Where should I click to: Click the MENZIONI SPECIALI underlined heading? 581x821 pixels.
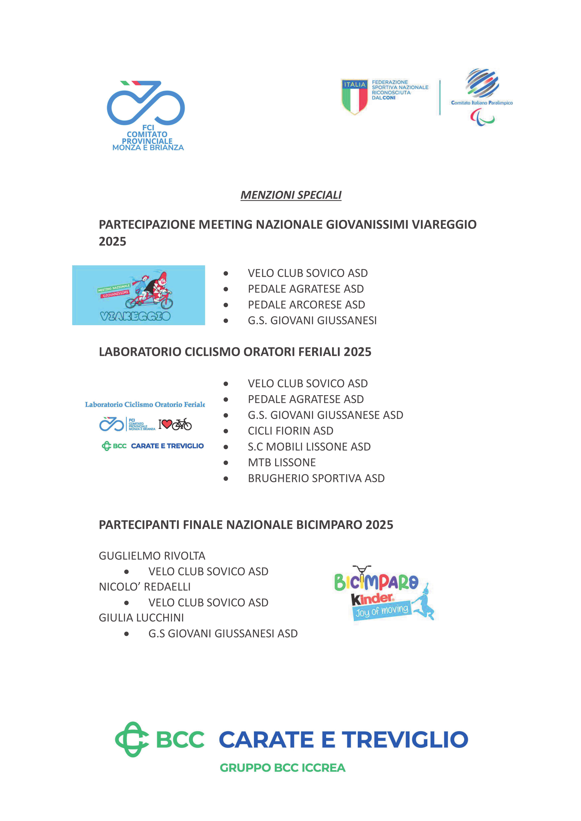(291, 195)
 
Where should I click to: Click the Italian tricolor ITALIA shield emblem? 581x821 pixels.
(354, 97)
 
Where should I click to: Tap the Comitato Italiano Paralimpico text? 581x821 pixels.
(481, 103)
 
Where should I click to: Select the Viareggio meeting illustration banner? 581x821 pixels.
(139, 295)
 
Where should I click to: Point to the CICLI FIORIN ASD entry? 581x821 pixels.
(290, 431)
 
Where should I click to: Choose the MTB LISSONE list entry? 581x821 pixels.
(282, 462)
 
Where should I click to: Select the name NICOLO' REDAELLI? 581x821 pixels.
(145, 587)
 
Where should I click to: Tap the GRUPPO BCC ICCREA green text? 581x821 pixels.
(282, 768)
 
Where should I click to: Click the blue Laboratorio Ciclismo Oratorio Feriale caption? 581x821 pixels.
(145, 405)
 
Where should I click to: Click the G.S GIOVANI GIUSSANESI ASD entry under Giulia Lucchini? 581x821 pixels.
(223, 633)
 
